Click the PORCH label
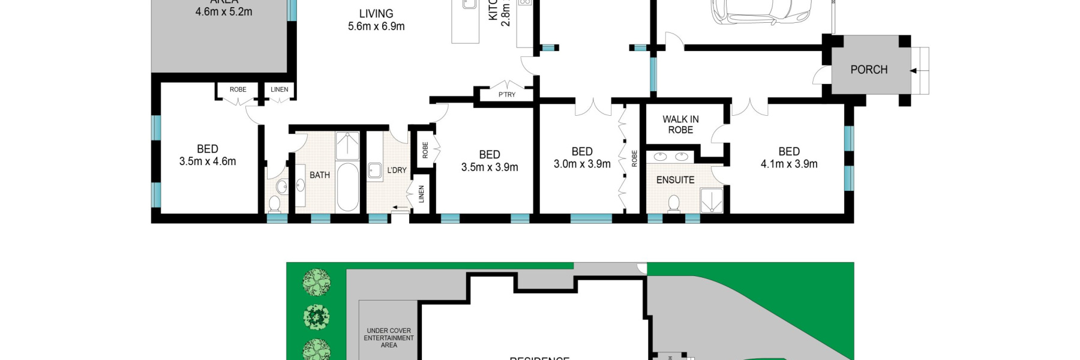point(868,70)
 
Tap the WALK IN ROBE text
point(680,125)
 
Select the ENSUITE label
point(675,180)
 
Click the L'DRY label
point(397,170)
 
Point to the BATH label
point(319,175)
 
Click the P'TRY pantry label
point(506,95)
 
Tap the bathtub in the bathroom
point(347,186)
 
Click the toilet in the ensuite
point(674,203)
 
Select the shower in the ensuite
point(711,200)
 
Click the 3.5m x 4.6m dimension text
point(208,161)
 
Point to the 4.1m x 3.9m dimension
point(788,164)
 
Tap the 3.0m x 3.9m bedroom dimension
point(581,164)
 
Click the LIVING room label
point(376,14)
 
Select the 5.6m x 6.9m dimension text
point(376,26)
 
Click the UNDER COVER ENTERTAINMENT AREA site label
point(389,338)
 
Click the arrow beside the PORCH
point(913,71)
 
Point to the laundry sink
point(375,171)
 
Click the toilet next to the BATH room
point(274,204)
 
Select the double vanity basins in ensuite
point(670,157)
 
